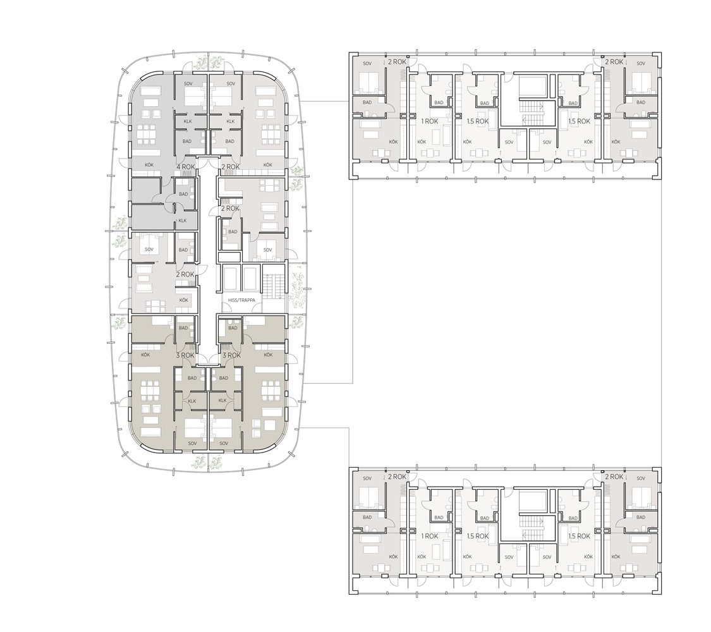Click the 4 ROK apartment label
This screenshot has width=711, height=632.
coord(186,167)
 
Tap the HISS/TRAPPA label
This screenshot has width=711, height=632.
coord(241,300)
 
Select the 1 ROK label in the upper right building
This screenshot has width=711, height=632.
coord(430,121)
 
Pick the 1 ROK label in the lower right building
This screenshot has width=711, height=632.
coord(430,537)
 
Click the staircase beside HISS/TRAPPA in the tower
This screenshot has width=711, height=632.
coord(274,286)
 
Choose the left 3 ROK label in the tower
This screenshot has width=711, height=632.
coord(185,355)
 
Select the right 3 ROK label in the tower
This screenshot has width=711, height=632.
coord(232,355)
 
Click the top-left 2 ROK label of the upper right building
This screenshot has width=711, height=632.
coord(398,62)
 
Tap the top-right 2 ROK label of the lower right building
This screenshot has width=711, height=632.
coord(614,477)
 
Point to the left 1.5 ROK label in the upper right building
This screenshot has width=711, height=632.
coord(478,121)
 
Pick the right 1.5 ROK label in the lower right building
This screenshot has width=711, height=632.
coord(580,537)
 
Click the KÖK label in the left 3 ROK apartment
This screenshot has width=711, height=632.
coord(145,355)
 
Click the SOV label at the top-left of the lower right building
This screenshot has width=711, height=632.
coord(367,478)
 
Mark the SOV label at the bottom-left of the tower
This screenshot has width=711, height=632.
coord(192,444)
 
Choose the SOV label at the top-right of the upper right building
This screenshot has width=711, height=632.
coord(641,63)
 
